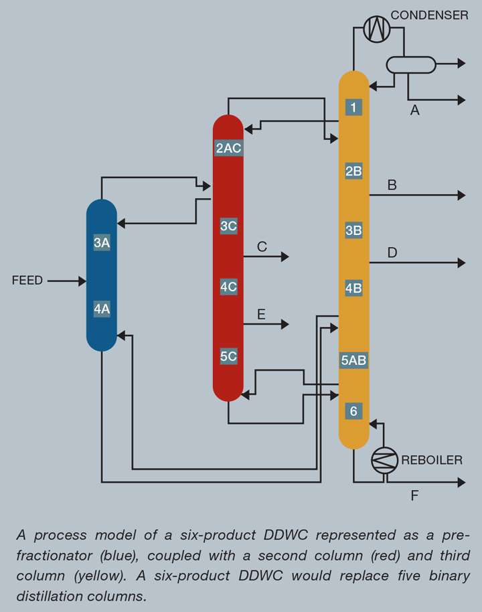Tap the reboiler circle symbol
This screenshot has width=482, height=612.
click(x=384, y=460)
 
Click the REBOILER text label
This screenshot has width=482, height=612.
click(x=432, y=460)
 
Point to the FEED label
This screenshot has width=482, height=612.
click(x=27, y=281)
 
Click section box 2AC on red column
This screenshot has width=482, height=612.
click(x=228, y=149)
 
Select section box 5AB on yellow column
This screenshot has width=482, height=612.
click(x=353, y=360)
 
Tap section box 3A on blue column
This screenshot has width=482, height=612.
click(x=102, y=243)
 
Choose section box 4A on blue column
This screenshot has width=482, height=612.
click(x=102, y=309)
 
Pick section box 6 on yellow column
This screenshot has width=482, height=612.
click(x=353, y=411)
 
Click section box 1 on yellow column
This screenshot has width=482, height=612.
click(x=353, y=107)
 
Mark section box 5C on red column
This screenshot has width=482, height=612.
click(x=228, y=357)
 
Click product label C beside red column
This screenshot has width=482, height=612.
click(x=262, y=247)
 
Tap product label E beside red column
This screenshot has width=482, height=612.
click(x=261, y=314)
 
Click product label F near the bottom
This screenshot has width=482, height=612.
click(x=414, y=496)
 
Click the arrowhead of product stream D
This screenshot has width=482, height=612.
click(x=461, y=263)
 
